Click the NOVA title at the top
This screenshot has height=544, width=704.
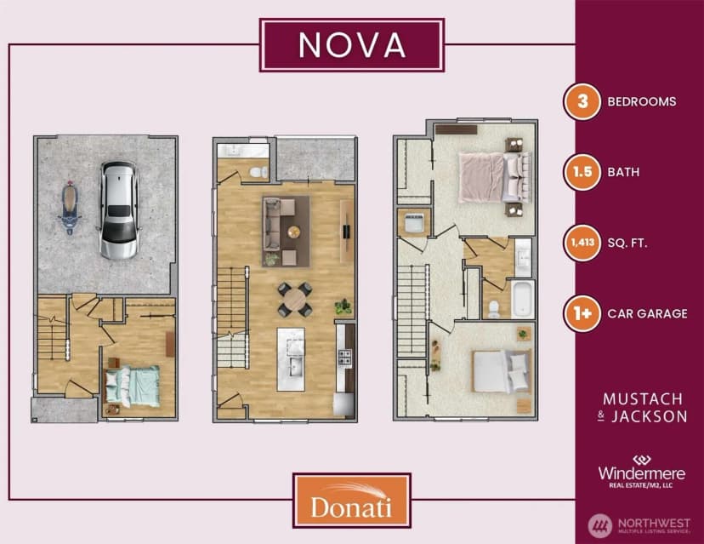click(352, 45)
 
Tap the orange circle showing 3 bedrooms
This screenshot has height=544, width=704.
click(582, 101)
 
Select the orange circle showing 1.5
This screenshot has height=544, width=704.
click(582, 172)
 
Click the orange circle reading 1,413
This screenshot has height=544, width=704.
click(582, 243)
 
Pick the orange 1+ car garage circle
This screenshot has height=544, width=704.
click(582, 313)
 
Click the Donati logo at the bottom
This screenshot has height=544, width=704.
click(351, 501)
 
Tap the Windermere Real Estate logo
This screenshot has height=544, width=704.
click(642, 472)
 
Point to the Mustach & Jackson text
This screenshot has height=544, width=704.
click(643, 408)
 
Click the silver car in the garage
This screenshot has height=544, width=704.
click(118, 210)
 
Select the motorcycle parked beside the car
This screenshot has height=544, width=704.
click(70, 208)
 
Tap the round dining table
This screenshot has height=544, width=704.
click(294, 300)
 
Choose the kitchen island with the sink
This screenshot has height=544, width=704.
click(291, 358)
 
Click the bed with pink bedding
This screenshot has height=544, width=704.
click(494, 178)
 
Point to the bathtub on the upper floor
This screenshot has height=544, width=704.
click(522, 299)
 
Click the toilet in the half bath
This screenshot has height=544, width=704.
click(258, 172)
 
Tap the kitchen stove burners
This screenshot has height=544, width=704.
click(344, 358)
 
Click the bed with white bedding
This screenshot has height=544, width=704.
click(502, 371)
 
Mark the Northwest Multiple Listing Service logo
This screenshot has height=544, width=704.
click(639, 525)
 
